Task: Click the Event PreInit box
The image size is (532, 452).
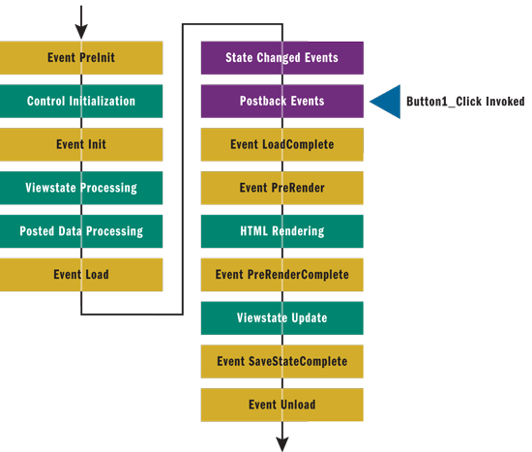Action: coord(81,58)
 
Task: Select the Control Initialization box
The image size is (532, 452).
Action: coord(81,102)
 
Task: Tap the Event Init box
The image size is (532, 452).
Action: coord(81,144)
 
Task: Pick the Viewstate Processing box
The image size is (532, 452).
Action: coord(81,188)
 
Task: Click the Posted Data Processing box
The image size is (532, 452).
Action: coord(81,231)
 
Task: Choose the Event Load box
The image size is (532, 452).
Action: coord(81,275)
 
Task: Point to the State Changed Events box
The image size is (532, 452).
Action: coord(282,58)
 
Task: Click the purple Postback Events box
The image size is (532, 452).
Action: coord(282,102)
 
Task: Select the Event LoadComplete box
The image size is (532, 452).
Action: coord(282,144)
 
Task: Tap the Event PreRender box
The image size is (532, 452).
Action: coord(282,188)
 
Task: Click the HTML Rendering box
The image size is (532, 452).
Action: coord(282,231)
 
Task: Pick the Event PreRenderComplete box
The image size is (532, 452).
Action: coord(282,275)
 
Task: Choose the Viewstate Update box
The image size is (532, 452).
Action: coord(282,318)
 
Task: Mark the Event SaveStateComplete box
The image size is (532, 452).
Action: coord(282,362)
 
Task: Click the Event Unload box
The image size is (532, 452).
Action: coord(282,405)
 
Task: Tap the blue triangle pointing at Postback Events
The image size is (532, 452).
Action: coord(390,102)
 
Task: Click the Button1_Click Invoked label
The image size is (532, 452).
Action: coord(465,102)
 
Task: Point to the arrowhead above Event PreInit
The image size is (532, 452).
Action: coord(81,32)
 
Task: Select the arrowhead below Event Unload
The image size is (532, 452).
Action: coord(282,444)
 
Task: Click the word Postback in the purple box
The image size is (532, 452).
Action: coord(263,101)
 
